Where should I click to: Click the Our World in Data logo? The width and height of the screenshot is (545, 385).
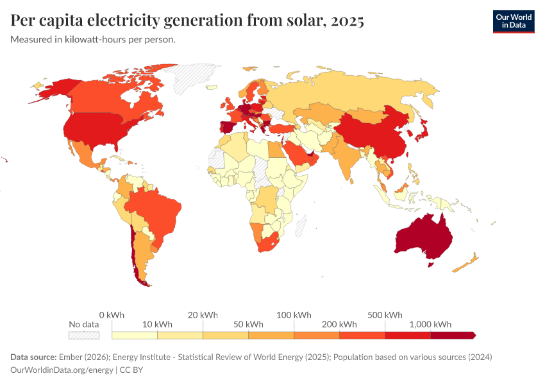tap(513, 21)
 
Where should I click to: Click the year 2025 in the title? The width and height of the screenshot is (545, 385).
tap(347, 21)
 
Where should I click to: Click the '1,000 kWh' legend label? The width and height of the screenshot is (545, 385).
tap(432, 324)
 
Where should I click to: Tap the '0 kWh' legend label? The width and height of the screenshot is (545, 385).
tap(112, 315)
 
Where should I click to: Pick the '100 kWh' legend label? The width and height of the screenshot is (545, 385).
tap(294, 315)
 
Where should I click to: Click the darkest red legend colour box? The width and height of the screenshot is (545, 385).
tap(452, 335)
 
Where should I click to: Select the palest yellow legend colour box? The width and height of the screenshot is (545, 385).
tap(135, 335)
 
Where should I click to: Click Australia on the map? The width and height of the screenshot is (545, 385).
tap(424, 238)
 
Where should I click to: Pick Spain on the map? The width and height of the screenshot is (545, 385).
tap(227, 126)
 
